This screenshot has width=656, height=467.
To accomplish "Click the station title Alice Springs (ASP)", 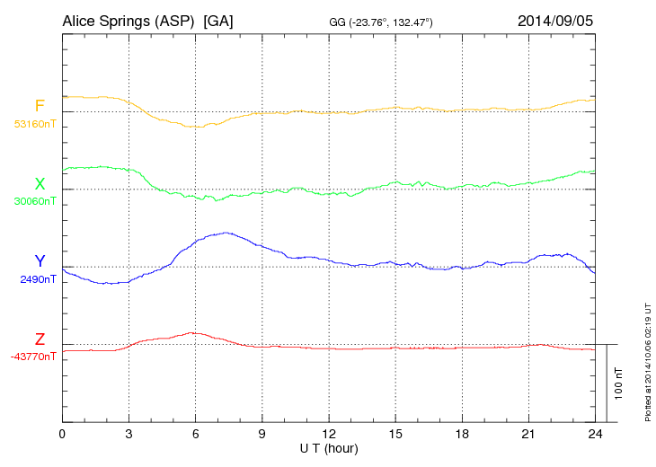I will [127, 21].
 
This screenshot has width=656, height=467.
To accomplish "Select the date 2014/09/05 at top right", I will [554, 21].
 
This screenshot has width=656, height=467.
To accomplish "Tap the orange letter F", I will [40, 107].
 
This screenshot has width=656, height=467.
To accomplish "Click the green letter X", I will [40, 184].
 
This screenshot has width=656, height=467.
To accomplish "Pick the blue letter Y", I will [40, 261].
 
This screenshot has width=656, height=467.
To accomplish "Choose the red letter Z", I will [40, 339].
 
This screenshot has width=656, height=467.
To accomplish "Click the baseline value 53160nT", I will [34, 124].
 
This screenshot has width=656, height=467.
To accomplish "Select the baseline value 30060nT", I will [34, 201].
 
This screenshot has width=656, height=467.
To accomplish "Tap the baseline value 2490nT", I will [38, 279].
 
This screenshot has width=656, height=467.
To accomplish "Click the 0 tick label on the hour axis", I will [62, 435].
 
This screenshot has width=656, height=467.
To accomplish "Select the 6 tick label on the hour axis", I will [196, 435].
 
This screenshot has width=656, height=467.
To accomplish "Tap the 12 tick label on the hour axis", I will [329, 435].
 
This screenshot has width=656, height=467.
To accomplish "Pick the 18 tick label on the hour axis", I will [462, 435].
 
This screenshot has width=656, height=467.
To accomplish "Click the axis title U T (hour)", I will [329, 448].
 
